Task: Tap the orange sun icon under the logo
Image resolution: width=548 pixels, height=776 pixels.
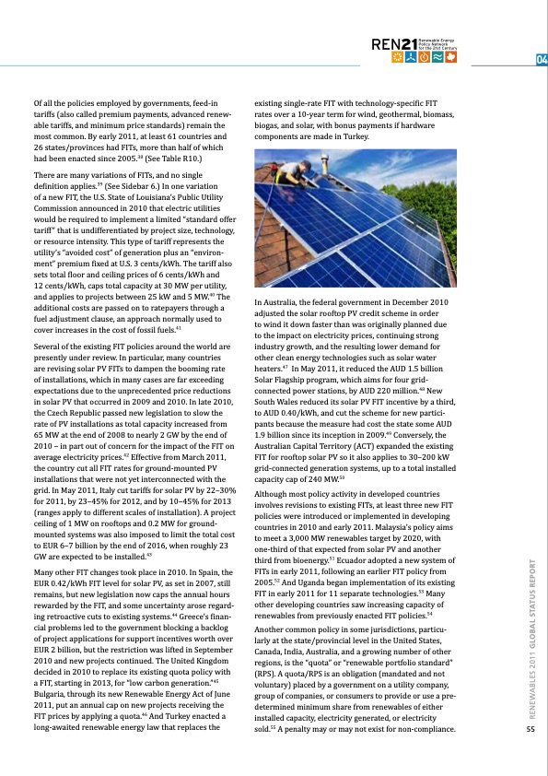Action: coord(399,58)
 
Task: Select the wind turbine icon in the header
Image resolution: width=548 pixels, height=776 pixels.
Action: coord(414,58)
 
